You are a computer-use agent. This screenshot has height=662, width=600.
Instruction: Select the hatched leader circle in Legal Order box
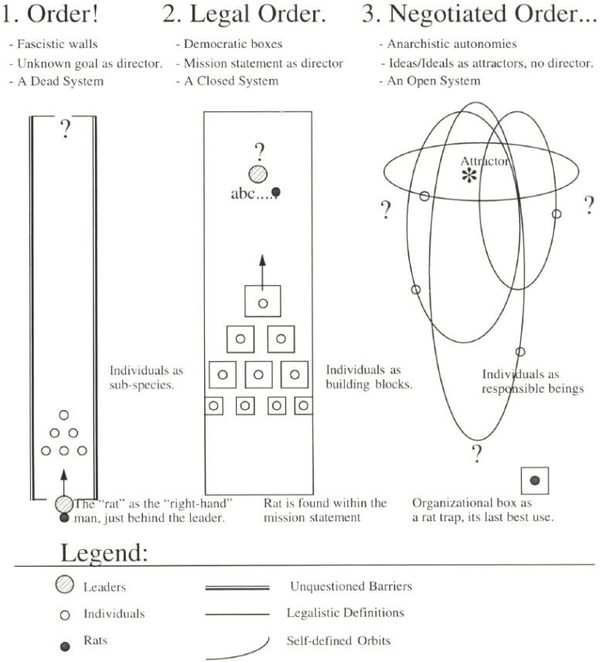pos(259,176)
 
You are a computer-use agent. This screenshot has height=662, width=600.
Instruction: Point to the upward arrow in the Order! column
pos(63,479)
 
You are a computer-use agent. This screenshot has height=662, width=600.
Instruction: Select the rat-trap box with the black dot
pos(535,481)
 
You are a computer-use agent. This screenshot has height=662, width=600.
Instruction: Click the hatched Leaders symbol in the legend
pos(65,586)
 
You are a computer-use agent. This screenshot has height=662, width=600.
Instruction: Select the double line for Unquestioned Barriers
pos(237,588)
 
